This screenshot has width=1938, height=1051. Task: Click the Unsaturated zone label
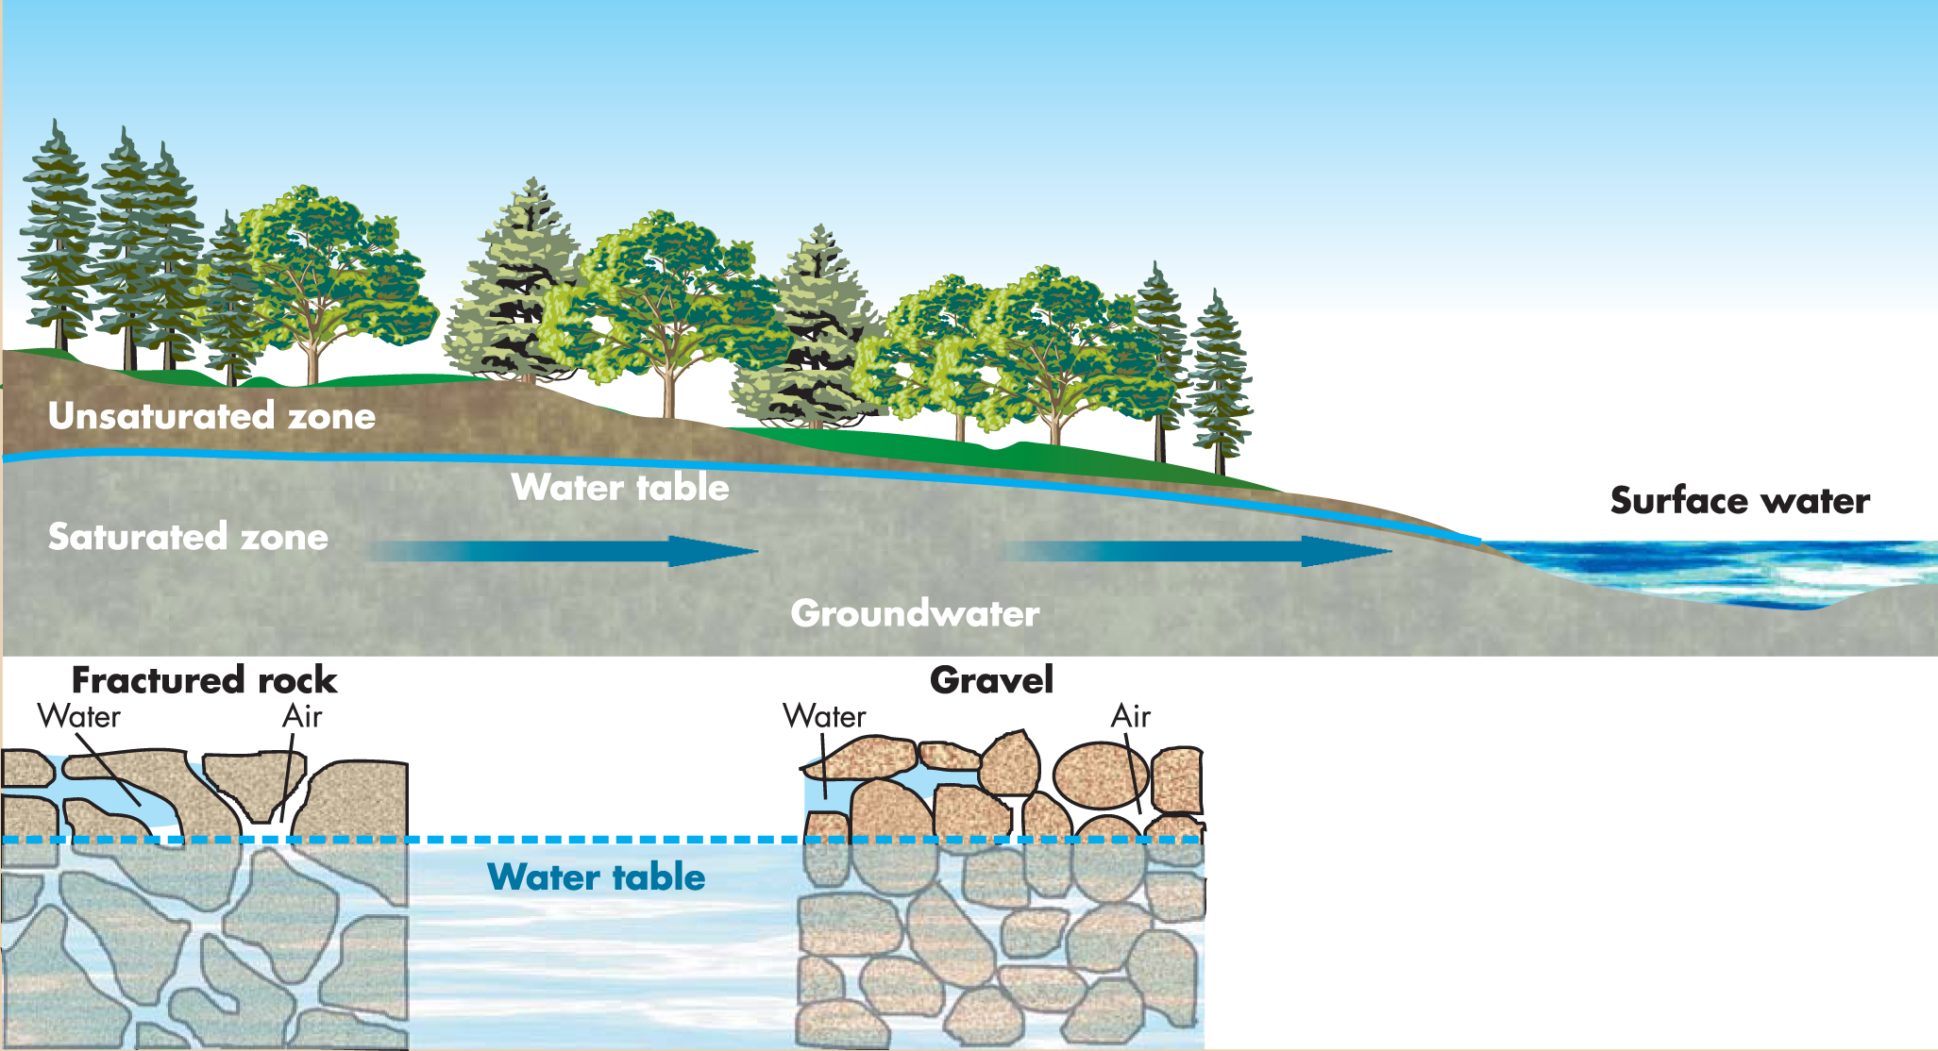pyautogui.click(x=211, y=416)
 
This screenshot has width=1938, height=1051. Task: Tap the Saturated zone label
pyautogui.click(x=188, y=537)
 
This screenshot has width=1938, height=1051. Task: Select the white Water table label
pyautogui.click(x=620, y=488)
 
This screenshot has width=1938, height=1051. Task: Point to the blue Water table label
pyautogui.click(x=597, y=877)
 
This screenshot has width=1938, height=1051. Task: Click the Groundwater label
pyautogui.click(x=915, y=614)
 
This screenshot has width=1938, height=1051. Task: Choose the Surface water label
pyautogui.click(x=1740, y=501)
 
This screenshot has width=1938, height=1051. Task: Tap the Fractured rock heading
pyautogui.click(x=204, y=680)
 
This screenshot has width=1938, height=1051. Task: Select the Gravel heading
pyautogui.click(x=991, y=680)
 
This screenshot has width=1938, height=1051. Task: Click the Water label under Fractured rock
pyautogui.click(x=79, y=717)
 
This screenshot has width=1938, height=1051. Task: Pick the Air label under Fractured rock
pyautogui.click(x=302, y=717)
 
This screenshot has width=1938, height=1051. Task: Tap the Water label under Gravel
pyautogui.click(x=824, y=717)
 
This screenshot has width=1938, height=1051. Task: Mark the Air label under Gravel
pyautogui.click(x=1131, y=717)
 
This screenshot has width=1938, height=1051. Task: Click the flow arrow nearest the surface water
pyautogui.click(x=1199, y=551)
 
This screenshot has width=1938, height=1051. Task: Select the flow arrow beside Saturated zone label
pyautogui.click(x=566, y=551)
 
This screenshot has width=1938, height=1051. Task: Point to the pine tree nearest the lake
pyautogui.click(x=1220, y=387)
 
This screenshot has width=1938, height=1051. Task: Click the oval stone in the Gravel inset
pyautogui.click(x=1101, y=776)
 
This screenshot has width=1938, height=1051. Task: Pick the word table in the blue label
pyautogui.click(x=658, y=877)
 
